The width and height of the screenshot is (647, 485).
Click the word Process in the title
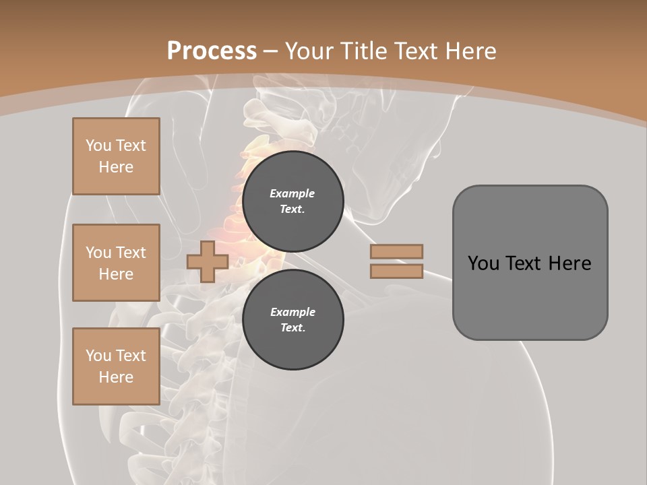pyautogui.click(x=212, y=51)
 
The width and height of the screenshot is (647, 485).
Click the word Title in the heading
pyautogui.click(x=363, y=51)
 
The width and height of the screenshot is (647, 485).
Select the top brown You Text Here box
pyautogui.click(x=116, y=156)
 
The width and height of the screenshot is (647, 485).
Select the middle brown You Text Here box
pyautogui.click(x=116, y=263)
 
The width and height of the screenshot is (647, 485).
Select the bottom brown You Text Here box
pyautogui.click(x=116, y=366)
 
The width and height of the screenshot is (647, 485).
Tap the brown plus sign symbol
pyautogui.click(x=207, y=261)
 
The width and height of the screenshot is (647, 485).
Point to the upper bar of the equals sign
pyautogui.click(x=396, y=251)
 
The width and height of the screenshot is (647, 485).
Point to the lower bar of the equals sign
pyautogui.click(x=396, y=271)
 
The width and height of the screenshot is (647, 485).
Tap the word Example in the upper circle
pyautogui.click(x=292, y=193)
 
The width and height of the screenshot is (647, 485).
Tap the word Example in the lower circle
pyautogui.click(x=292, y=312)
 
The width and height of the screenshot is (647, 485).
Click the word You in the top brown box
pyautogui.click(x=98, y=145)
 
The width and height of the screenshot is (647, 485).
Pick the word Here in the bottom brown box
pyautogui.click(x=116, y=377)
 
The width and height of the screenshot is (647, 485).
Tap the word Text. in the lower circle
pyautogui.click(x=292, y=328)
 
